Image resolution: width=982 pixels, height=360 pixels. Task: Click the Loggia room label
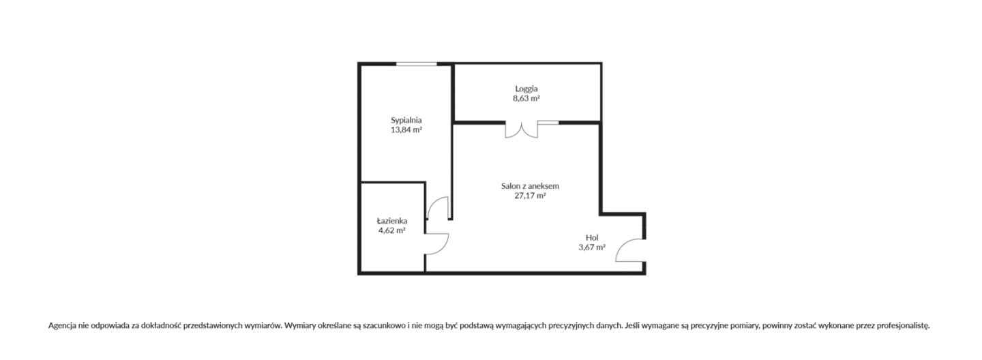point(526,89)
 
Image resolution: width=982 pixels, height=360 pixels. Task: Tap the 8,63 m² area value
point(526,99)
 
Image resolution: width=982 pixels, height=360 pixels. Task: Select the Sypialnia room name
point(406,120)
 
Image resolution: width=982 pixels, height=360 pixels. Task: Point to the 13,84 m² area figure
point(406,130)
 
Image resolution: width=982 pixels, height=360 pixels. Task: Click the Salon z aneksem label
point(530,186)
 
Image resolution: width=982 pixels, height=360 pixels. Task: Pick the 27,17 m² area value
point(530,196)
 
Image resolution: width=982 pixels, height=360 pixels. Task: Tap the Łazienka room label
point(392,221)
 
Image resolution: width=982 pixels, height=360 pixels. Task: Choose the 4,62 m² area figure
point(392,230)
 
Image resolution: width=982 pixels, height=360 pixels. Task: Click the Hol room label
point(592,238)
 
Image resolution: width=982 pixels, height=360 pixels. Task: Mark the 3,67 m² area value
point(592,247)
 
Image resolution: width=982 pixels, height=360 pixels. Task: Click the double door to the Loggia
point(521,130)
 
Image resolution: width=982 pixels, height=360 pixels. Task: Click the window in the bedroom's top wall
point(417,65)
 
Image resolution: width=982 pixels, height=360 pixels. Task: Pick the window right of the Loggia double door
point(548,122)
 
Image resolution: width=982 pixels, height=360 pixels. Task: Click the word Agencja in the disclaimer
point(62,326)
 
